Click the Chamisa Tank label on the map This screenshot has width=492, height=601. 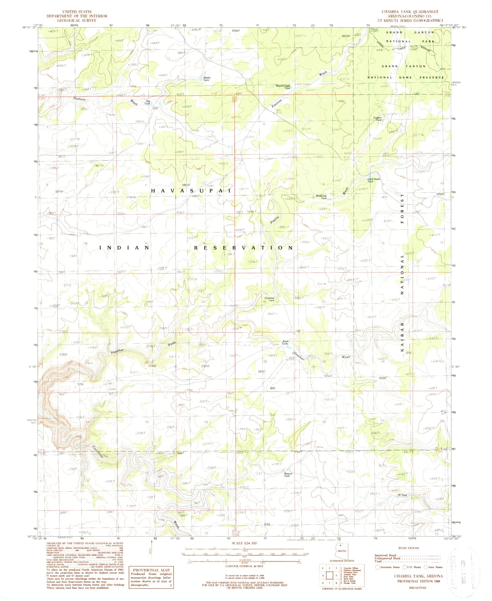(x=269, y=299)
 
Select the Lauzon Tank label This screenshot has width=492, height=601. (x=377, y=119)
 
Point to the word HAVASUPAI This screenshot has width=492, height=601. (x=191, y=191)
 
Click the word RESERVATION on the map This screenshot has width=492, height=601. (x=243, y=248)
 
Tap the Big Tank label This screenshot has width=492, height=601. (x=148, y=102)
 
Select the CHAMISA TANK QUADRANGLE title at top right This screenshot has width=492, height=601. (x=410, y=12)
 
